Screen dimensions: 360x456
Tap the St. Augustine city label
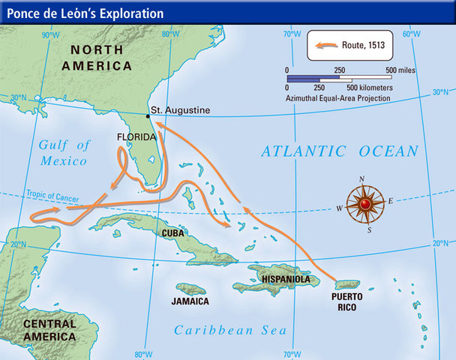181,110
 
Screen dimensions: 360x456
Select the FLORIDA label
136,138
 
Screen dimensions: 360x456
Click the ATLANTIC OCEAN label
340,151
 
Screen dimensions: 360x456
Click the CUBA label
174,233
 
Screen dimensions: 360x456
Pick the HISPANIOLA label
286,279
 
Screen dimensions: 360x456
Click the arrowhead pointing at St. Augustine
160,127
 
